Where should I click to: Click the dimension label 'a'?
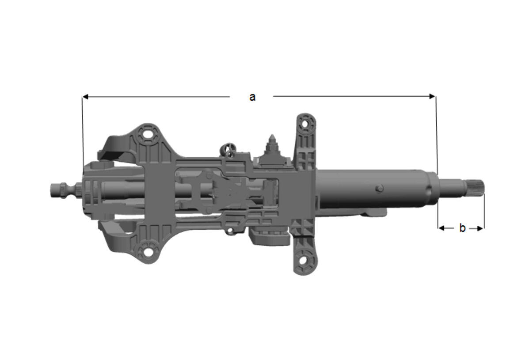(x=252, y=98)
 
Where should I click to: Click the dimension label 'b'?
(x=462, y=228)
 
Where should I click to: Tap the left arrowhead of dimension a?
(x=85, y=97)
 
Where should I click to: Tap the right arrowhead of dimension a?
(x=432, y=96)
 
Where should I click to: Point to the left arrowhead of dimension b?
(x=441, y=228)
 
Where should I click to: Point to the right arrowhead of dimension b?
(x=481, y=228)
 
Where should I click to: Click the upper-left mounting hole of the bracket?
(x=148, y=134)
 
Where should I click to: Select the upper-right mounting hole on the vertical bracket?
(x=305, y=123)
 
